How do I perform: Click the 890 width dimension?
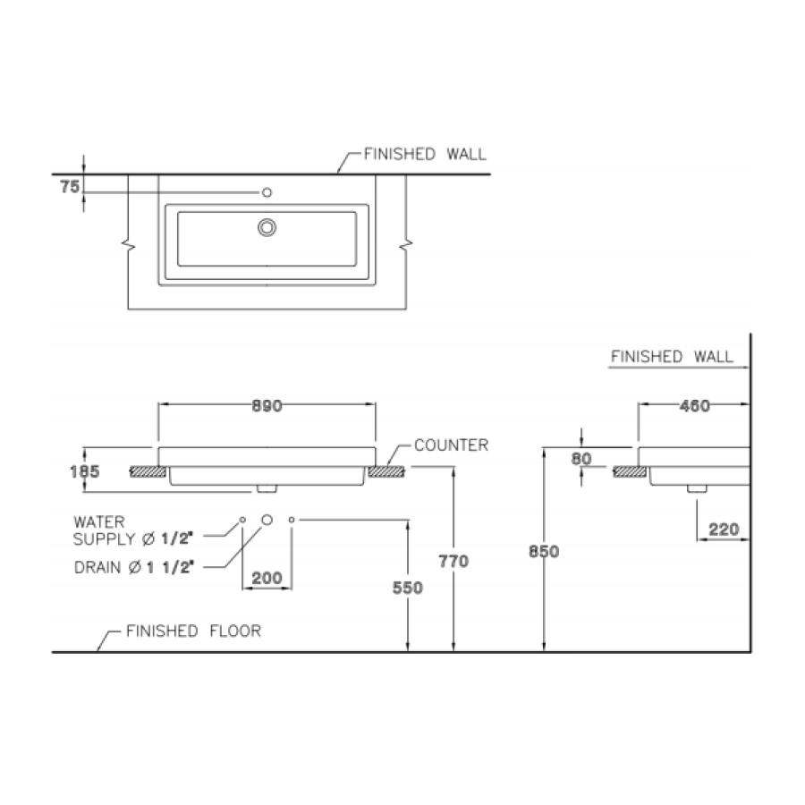[x=267, y=406]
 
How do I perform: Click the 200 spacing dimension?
[x=267, y=579]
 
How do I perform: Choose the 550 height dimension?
[x=407, y=588]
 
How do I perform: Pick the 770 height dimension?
[x=453, y=561]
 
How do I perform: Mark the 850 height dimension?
[x=543, y=552]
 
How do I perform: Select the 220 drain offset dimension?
[x=723, y=530]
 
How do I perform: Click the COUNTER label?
[x=451, y=445]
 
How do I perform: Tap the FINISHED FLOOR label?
[x=193, y=631]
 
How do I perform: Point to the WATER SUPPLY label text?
[x=134, y=529]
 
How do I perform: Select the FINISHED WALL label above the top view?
[x=425, y=154]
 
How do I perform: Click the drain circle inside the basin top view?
[x=267, y=227]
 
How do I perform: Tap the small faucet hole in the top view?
[x=266, y=192]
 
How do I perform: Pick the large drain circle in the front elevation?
[x=266, y=519]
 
